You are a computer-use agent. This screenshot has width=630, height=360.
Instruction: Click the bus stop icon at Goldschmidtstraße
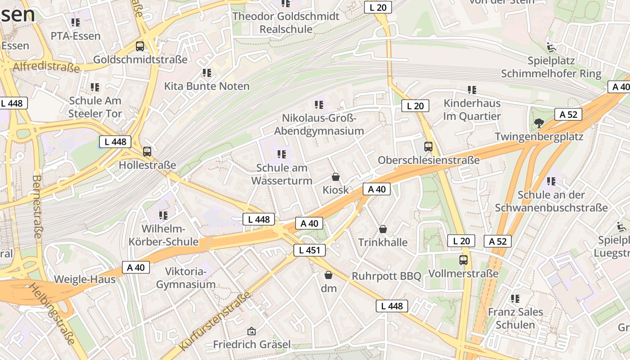140,46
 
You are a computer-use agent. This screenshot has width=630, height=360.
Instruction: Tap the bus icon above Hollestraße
147,152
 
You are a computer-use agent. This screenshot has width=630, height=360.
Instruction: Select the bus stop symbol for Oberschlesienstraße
428,146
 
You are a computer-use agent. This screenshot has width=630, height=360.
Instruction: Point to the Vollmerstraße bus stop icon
463,260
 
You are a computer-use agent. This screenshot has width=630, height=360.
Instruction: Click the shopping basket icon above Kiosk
335,176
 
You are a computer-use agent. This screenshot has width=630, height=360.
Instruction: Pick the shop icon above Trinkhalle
383,229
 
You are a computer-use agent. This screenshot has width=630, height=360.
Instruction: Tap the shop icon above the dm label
328,274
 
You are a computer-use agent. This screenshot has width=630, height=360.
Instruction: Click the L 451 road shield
310,250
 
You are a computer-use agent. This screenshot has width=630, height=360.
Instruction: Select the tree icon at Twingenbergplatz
539,123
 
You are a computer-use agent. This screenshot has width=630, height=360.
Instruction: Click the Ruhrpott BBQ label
386,276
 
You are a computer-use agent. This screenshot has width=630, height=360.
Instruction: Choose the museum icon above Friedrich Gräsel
252,331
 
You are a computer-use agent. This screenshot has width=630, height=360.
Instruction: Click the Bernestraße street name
37,206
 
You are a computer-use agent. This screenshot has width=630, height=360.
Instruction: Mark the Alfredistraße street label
46,67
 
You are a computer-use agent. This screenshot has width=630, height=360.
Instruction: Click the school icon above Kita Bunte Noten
207,72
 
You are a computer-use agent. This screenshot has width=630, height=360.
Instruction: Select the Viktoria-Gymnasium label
186,278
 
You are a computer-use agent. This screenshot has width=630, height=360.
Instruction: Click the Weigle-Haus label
85,279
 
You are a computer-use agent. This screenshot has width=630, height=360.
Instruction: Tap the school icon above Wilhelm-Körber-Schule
163,216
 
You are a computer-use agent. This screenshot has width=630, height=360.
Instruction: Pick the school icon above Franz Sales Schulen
515,298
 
